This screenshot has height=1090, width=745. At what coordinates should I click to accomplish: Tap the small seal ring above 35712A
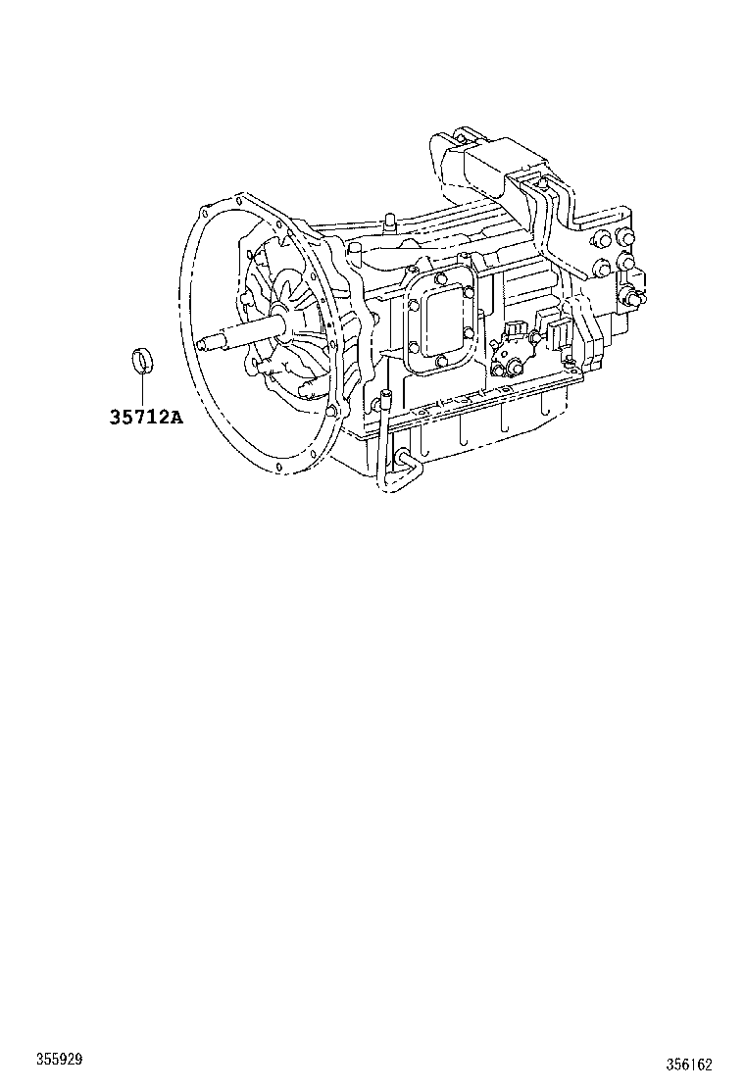[143, 359]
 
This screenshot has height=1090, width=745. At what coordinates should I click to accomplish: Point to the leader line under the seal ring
[143, 388]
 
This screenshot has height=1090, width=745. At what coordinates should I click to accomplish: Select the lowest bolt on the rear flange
[634, 299]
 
